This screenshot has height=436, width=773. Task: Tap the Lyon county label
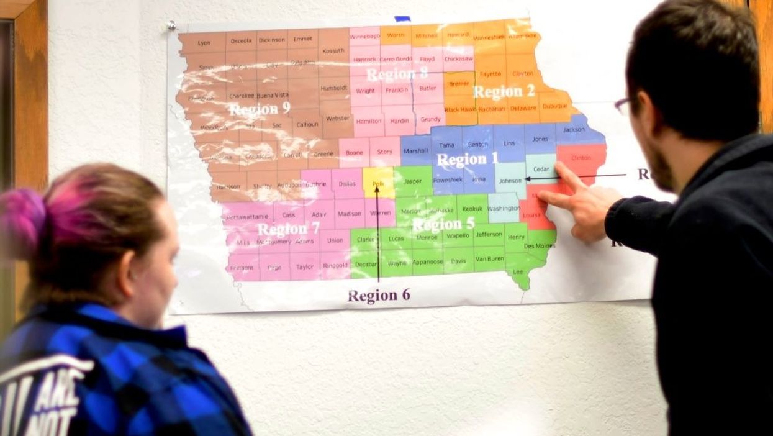click(204, 43)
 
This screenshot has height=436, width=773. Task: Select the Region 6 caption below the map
click(379, 296)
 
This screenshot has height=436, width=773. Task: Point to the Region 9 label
click(260, 110)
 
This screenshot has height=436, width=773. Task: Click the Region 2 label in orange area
click(504, 92)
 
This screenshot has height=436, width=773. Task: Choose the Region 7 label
click(288, 229)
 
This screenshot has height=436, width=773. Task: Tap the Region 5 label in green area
click(443, 224)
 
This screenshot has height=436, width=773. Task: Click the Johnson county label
click(510, 181)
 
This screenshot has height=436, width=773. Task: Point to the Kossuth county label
click(333, 51)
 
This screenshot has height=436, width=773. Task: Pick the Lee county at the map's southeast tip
click(518, 271)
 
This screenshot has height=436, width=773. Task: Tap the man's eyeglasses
click(623, 105)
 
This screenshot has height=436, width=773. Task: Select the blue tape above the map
click(402, 19)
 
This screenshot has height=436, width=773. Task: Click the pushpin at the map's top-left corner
click(171, 26)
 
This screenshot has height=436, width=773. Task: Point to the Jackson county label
click(574, 130)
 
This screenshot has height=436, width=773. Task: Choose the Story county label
click(385, 152)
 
